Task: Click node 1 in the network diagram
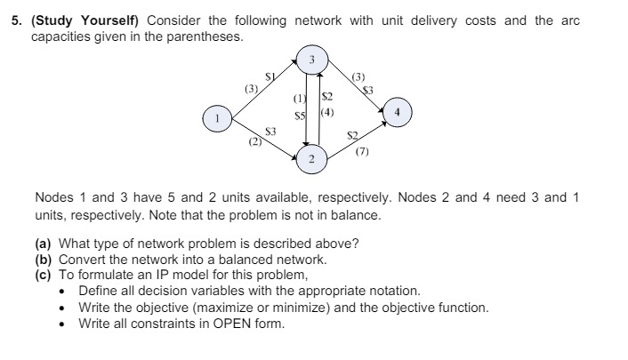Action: [213, 117]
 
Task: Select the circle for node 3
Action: [312, 60]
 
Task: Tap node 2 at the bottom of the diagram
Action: [312, 158]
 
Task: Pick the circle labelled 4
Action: [398, 114]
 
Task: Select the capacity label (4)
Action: [326, 113]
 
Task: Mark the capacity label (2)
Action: [254, 140]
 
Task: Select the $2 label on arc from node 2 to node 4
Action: [352, 136]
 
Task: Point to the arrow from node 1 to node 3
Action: [262, 88]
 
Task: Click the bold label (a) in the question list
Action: [44, 244]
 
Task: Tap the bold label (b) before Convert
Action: [44, 260]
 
